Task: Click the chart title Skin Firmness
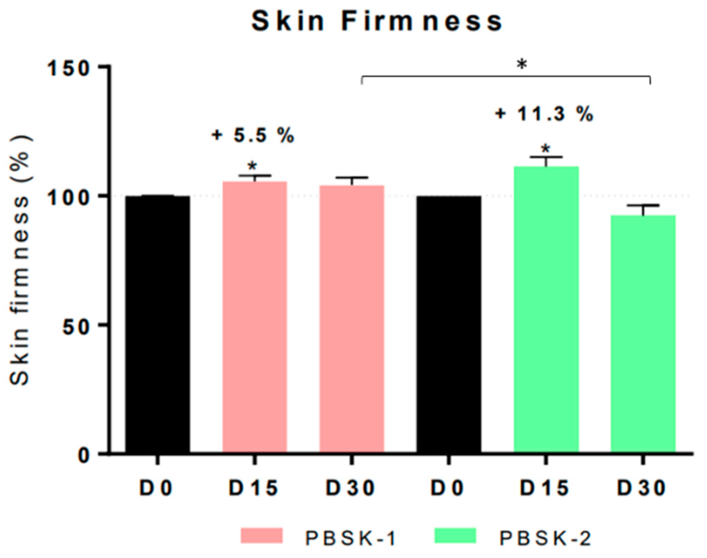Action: coord(376,22)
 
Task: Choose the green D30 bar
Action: coord(643,333)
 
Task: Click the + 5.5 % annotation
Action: coord(253,136)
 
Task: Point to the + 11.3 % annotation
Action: coord(544,114)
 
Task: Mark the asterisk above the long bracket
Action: coord(522,65)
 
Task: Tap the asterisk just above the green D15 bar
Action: coord(546,149)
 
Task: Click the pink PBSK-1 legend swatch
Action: coord(262,536)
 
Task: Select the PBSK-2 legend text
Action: coord(545,538)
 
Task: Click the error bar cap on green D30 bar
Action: coord(643,205)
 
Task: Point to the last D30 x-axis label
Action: coord(642,488)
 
